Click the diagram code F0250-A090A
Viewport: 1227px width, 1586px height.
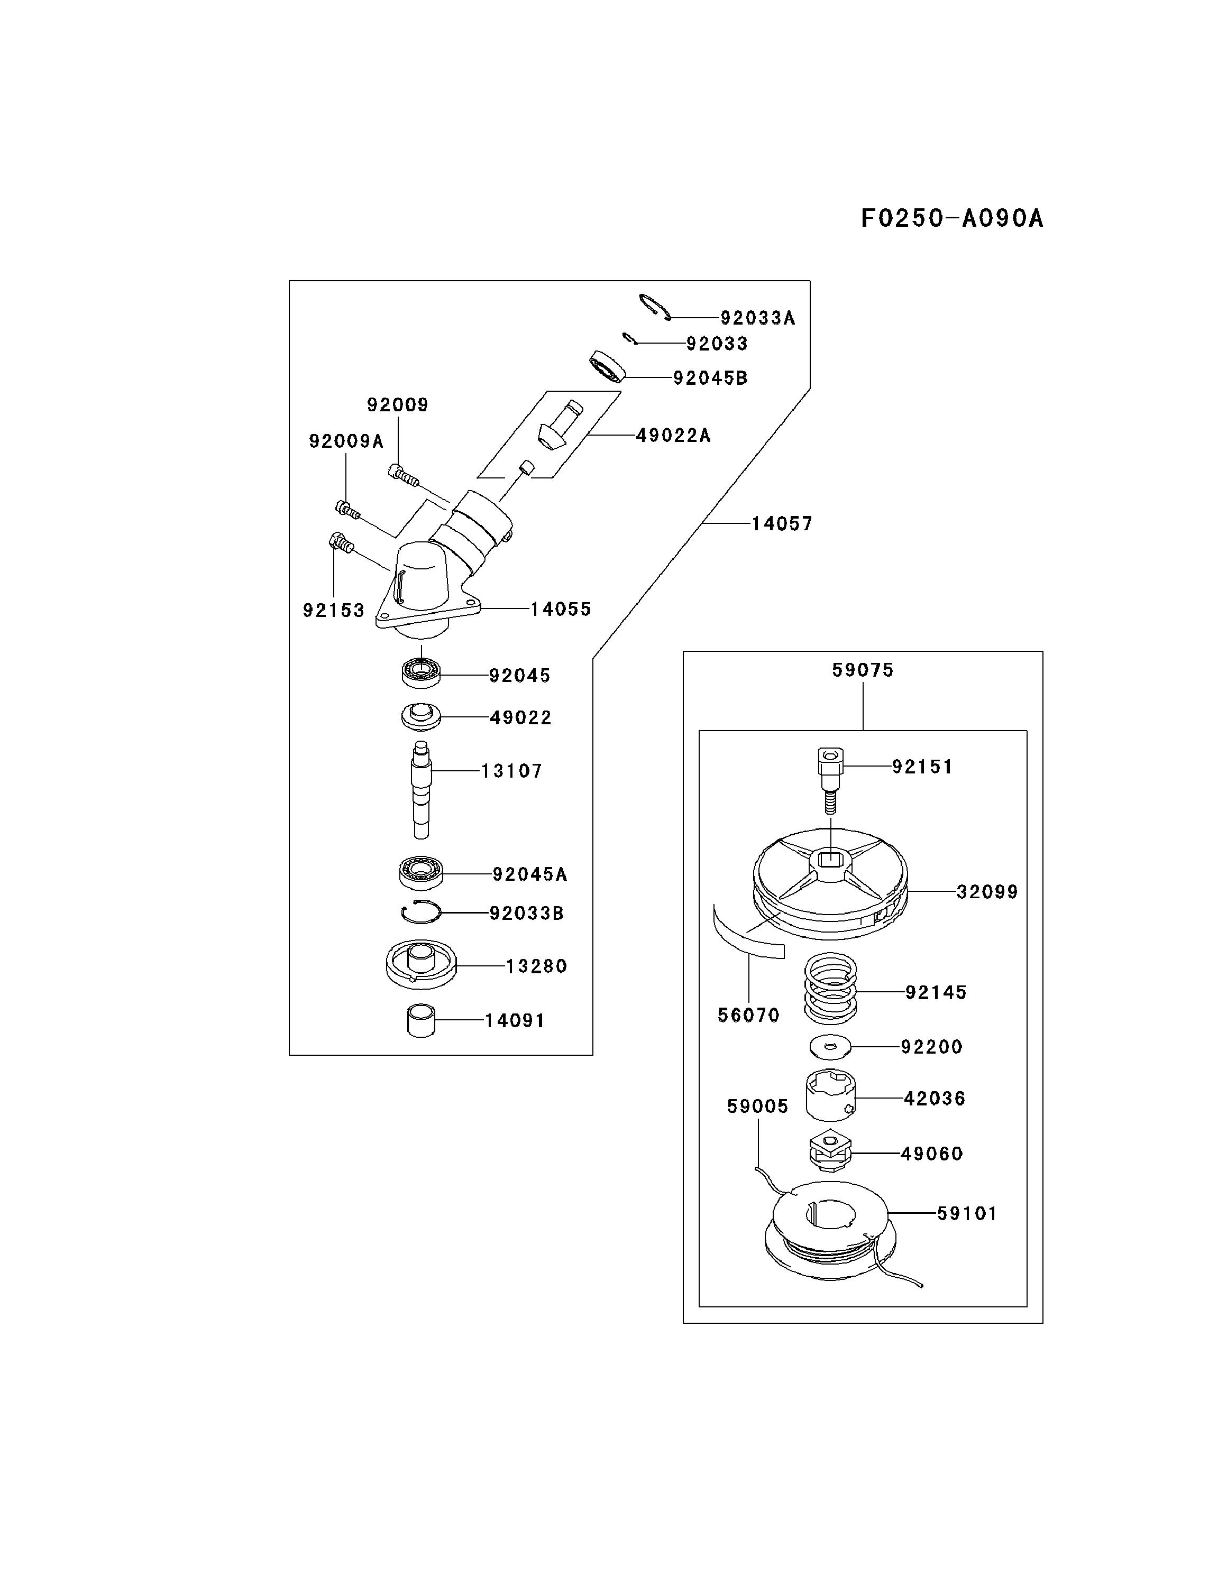click(951, 218)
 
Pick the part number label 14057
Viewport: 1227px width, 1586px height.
click(782, 523)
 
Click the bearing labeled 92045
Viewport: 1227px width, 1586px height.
click(420, 672)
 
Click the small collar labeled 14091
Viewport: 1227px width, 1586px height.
click(420, 1020)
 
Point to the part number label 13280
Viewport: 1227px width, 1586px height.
click(536, 966)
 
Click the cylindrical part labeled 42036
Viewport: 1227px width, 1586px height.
click(830, 1096)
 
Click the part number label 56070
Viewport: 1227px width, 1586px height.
click(748, 1015)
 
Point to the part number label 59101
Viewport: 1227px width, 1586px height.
click(966, 1213)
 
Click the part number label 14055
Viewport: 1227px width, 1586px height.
click(560, 609)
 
